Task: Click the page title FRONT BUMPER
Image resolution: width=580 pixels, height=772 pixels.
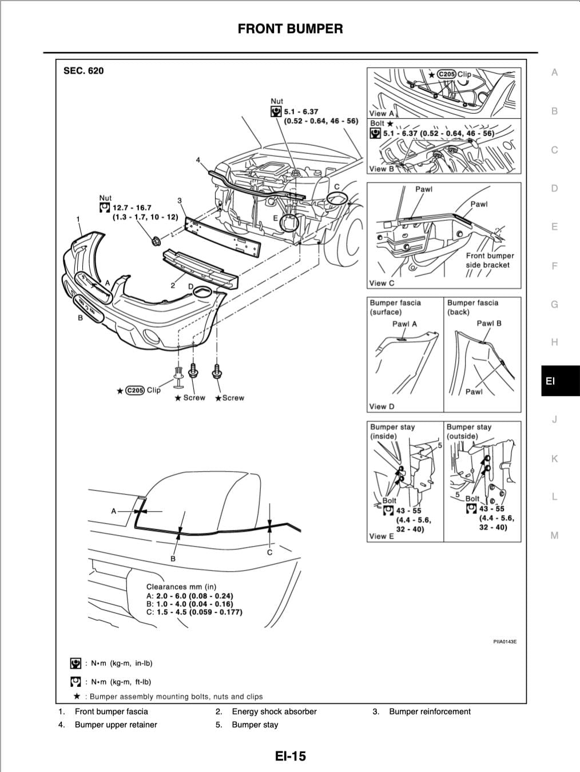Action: [x=290, y=29]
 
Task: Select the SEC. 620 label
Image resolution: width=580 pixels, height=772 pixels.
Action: [x=84, y=71]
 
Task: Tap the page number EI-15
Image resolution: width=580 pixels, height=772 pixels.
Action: [x=290, y=756]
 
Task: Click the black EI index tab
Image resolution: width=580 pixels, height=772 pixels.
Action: [x=550, y=380]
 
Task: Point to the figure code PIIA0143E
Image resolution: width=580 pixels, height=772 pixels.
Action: [x=504, y=642]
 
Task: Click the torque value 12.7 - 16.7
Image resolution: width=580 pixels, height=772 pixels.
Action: [x=132, y=208]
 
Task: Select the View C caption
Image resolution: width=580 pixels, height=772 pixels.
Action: [x=382, y=283]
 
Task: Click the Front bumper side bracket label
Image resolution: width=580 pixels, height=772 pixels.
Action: [x=490, y=260]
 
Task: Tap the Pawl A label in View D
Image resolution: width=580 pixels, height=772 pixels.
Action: [x=404, y=324]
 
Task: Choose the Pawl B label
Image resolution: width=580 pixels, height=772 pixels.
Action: [x=489, y=323]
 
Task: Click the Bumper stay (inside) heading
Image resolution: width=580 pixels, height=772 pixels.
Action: [x=392, y=431]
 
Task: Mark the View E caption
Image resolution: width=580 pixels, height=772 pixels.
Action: [x=382, y=536]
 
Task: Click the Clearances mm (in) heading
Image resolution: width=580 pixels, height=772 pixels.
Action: [x=181, y=587]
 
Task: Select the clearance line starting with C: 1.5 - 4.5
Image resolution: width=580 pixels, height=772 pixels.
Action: [x=194, y=612]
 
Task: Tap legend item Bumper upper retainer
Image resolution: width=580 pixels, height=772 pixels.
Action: [x=116, y=725]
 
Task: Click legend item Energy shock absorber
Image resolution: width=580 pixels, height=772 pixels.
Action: [x=274, y=711]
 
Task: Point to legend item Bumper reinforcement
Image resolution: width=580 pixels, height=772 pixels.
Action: [x=430, y=711]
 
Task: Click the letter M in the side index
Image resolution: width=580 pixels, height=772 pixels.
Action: [x=554, y=536]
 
